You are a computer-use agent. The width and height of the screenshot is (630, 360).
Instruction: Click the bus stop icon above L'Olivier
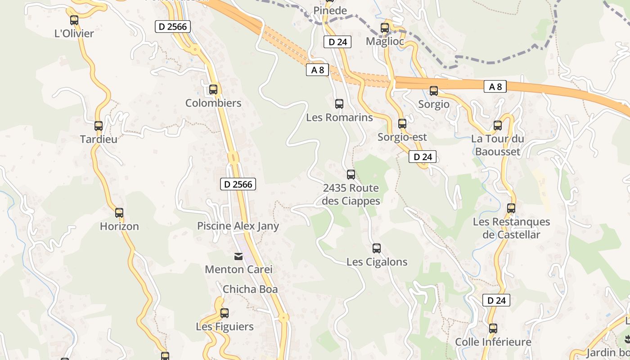pos(74,20)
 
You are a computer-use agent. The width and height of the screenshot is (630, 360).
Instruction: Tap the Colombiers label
pos(213,103)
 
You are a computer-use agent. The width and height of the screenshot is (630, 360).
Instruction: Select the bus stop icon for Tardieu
pos(99,126)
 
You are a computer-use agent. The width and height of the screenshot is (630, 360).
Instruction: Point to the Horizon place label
pos(119,226)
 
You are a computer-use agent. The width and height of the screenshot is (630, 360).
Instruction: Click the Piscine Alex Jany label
pos(238,226)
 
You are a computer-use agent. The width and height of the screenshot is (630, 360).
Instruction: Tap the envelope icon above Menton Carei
pos(238,256)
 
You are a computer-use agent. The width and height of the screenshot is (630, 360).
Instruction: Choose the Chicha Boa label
pos(250,289)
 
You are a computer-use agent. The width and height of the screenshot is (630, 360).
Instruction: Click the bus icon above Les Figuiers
pos(225,313)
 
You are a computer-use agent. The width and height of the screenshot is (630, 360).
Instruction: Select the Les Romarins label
pos(339,117)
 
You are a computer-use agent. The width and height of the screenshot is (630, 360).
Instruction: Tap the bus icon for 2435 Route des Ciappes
pos(351,175)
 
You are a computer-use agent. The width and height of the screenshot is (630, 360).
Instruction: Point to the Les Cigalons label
pos(377,262)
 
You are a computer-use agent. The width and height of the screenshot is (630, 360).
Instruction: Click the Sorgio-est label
pos(402,137)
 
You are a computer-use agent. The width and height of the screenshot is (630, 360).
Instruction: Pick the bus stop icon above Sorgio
pos(434,91)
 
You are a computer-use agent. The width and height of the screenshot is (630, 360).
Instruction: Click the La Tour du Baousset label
pos(497,145)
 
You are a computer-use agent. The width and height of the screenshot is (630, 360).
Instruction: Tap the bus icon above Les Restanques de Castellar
pos(511,208)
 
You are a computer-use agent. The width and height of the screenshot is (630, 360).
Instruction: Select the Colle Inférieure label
pos(493,342)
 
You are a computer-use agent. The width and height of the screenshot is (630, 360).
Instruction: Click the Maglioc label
pos(385,41)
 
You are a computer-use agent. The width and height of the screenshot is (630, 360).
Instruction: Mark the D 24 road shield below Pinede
pos(337,42)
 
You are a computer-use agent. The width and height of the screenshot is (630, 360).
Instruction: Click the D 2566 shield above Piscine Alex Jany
pos(238,184)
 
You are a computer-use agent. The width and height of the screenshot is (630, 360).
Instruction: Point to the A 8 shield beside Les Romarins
pos(318,70)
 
